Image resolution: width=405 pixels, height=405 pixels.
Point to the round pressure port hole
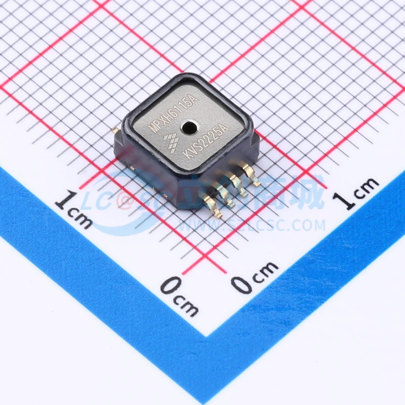tap(190, 126)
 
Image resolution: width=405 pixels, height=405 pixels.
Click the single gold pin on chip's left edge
tap(115, 131)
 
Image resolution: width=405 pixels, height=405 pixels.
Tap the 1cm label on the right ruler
tap(359, 192)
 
